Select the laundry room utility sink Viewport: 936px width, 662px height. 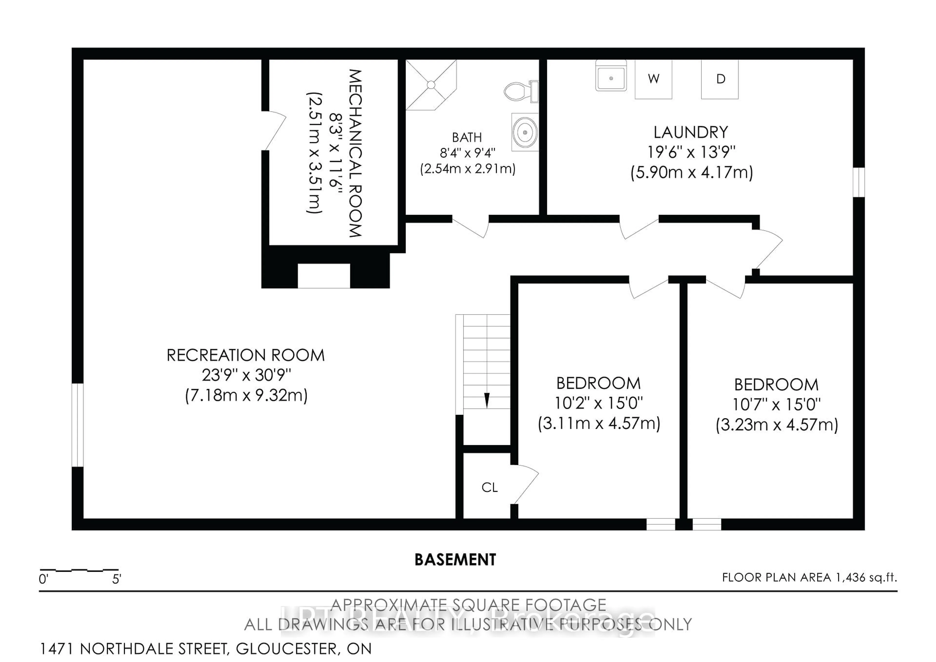[610, 76]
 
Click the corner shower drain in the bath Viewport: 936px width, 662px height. [431, 85]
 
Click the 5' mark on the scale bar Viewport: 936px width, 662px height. [117, 579]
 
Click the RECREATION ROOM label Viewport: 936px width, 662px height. [246, 355]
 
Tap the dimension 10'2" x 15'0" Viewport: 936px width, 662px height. [598, 403]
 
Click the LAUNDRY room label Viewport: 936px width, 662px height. [691, 132]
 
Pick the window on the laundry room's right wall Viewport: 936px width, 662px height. [858, 182]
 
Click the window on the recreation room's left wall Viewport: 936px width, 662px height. [78, 425]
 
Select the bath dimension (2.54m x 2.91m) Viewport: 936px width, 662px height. [468, 169]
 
